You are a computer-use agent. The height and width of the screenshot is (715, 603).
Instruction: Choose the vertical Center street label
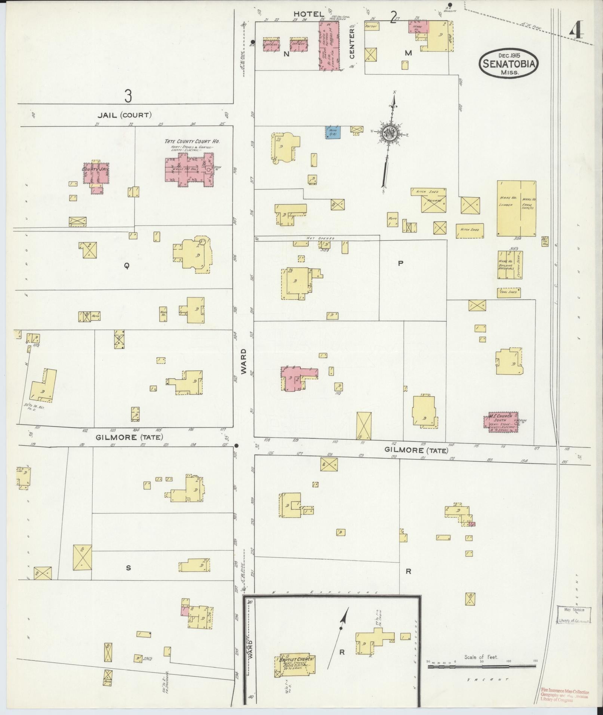352,44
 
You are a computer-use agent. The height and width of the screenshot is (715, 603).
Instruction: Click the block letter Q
127,266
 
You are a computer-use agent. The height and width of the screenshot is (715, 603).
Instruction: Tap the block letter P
401,263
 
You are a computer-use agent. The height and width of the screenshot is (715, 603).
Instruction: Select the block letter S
128,578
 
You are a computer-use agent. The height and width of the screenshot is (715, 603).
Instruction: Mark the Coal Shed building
509,292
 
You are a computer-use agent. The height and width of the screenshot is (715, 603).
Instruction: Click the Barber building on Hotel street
371,26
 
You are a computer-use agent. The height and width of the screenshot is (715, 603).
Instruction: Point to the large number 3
128,96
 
